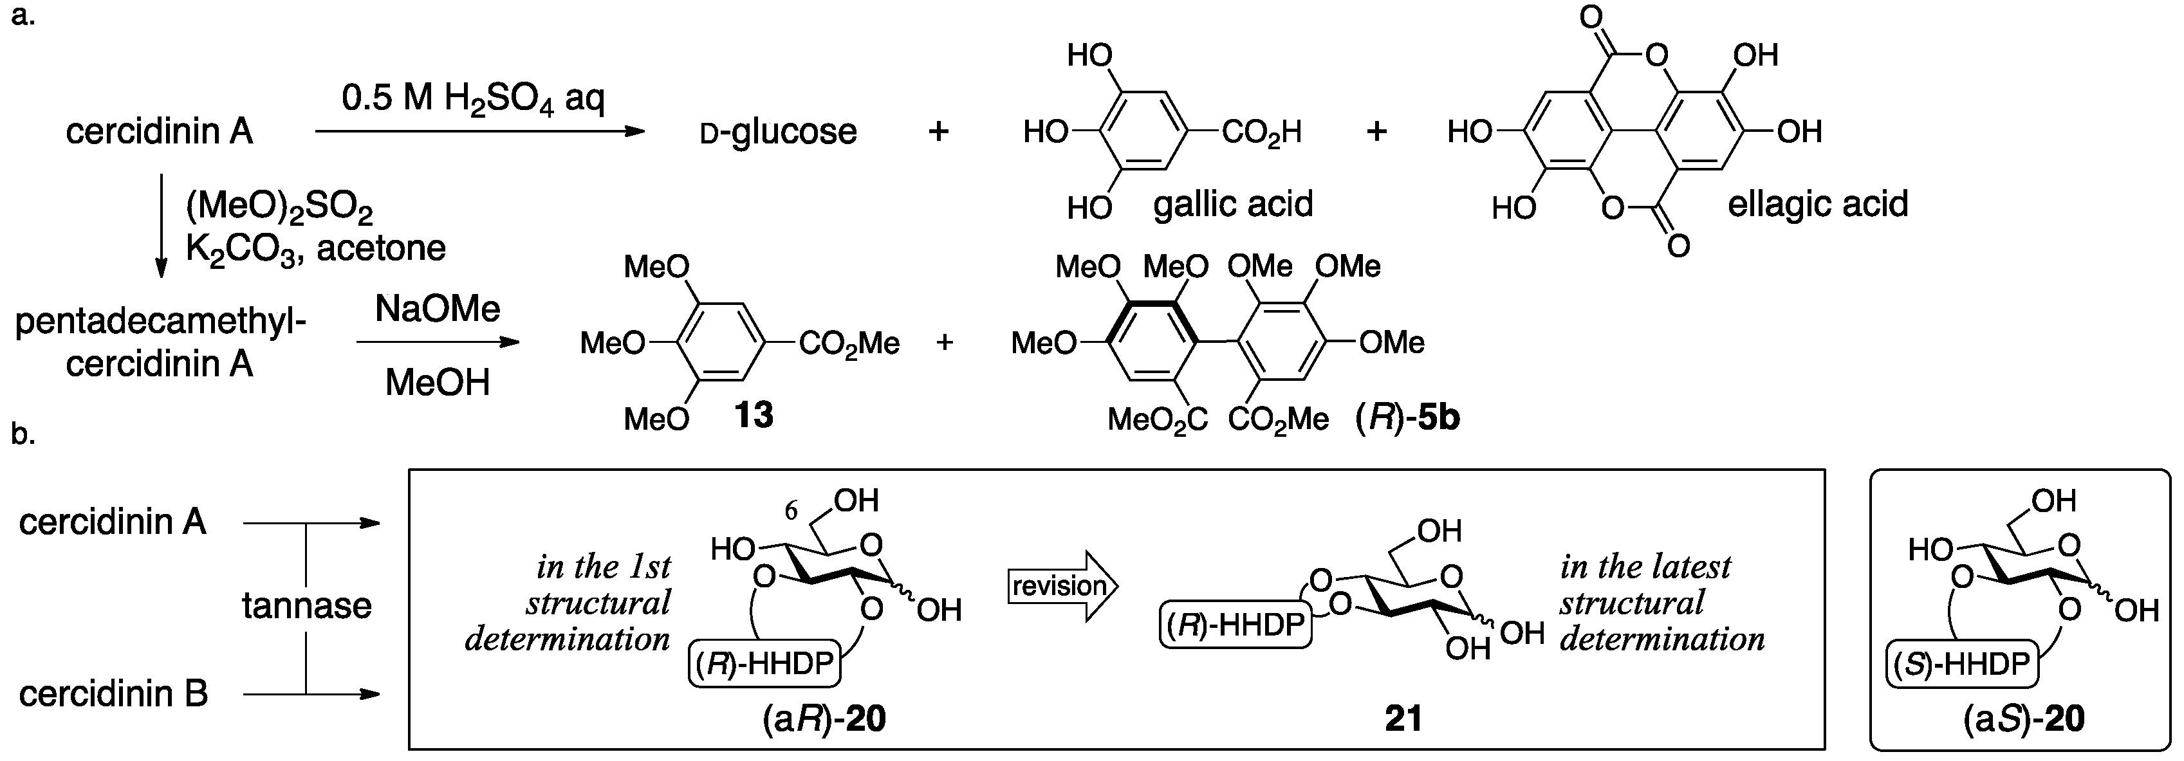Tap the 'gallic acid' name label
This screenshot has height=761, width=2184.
coord(1233,204)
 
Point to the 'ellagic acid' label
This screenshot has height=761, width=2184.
coord(1818,204)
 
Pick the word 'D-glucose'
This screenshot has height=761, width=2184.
coord(779,133)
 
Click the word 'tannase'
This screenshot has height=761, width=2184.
coord(307,606)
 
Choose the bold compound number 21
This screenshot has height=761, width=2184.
coord(1403,719)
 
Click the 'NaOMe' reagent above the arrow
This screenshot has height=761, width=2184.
coord(438,309)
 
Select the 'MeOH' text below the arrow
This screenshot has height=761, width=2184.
coord(438,383)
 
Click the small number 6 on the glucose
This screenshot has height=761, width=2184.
coord(790,510)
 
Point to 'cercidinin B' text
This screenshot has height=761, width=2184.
coord(114,694)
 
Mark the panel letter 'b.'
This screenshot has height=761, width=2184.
coord(23,434)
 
